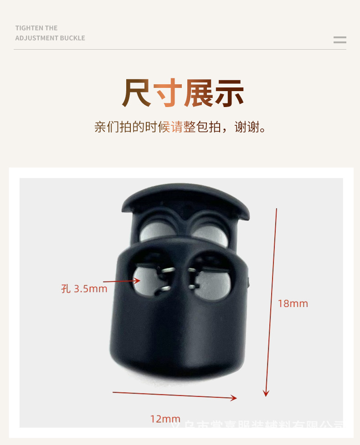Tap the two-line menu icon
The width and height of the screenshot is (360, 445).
click(339, 40)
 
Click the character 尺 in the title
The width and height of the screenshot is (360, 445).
click(136, 93)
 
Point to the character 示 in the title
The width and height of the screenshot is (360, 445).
click(229, 93)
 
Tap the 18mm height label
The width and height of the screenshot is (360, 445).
click(293, 304)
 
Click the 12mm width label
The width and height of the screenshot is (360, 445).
click(165, 419)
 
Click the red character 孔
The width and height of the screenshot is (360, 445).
click(66, 289)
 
